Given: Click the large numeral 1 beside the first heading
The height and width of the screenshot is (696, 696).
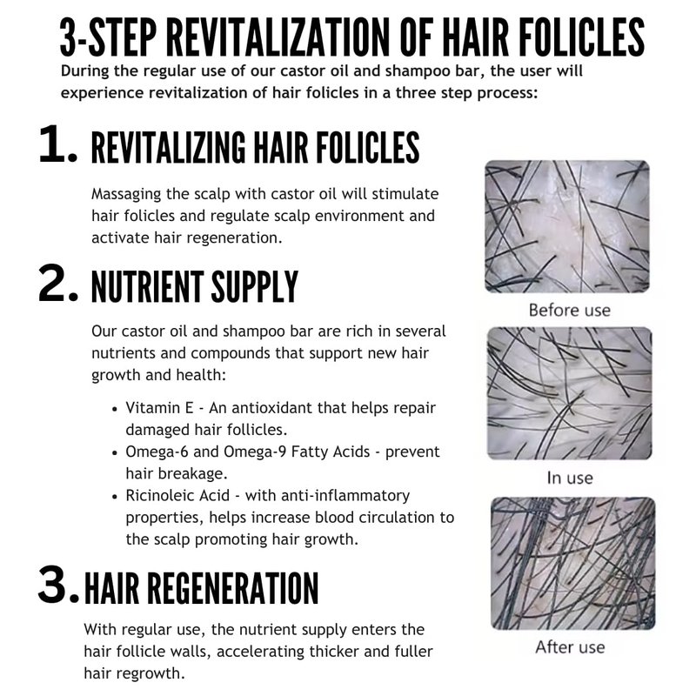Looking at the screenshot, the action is pyautogui.click(x=52, y=144).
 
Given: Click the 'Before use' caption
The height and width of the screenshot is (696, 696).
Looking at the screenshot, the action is pyautogui.click(x=570, y=310).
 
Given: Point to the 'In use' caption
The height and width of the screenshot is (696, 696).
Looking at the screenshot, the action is pyautogui.click(x=570, y=478).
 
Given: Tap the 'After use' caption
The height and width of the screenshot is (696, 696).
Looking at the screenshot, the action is pyautogui.click(x=570, y=646).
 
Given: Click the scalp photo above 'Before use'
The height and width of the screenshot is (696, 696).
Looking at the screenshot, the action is pyautogui.click(x=567, y=226).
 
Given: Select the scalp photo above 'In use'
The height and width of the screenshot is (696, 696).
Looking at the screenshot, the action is pyautogui.click(x=570, y=393).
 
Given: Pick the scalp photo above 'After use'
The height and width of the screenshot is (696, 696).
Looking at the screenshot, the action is pyautogui.click(x=572, y=563).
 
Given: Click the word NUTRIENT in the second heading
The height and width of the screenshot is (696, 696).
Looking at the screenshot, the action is pyautogui.click(x=147, y=287).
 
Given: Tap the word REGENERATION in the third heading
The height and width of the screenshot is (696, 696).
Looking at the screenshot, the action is pyautogui.click(x=232, y=588).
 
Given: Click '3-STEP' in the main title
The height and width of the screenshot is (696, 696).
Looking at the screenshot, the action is pyautogui.click(x=108, y=37).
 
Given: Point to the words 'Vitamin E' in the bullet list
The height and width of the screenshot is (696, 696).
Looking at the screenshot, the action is pyautogui.click(x=159, y=407).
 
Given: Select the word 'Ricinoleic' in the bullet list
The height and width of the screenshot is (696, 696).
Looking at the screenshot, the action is pyautogui.click(x=177, y=495).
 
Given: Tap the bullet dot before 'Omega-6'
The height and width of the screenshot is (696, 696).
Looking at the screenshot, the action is pyautogui.click(x=115, y=453).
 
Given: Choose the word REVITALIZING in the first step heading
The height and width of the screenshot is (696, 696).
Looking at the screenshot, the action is pyautogui.click(x=168, y=148).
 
